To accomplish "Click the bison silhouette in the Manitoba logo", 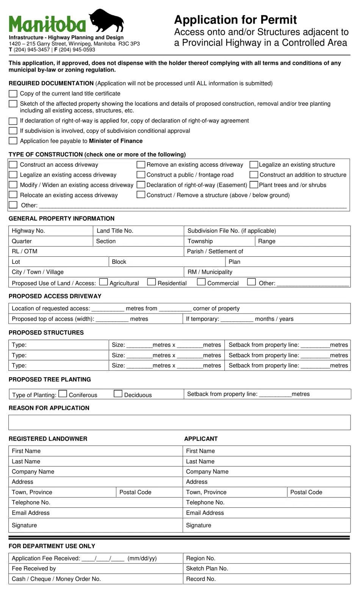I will pos(106,20).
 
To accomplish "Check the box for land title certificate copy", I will pos(13,94).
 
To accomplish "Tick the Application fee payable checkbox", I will pos(13,141).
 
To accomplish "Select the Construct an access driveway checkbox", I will pos(13,165).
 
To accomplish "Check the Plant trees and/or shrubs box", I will pos(254,185).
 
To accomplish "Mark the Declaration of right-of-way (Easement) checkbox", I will pos(141,185).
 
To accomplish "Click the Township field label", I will pos(200,241).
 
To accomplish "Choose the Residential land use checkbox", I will pos(152,282).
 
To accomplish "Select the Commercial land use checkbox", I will pos(201,282).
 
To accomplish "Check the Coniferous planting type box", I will pos(63,394).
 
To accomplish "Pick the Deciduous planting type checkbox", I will pos(118,394).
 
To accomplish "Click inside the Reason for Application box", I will pos(179,422).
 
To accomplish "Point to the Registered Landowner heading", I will pos(48,439).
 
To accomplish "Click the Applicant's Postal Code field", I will pos(318,492).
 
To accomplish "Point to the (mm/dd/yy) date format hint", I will pos(142,558).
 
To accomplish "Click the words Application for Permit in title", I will pos(235,20).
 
